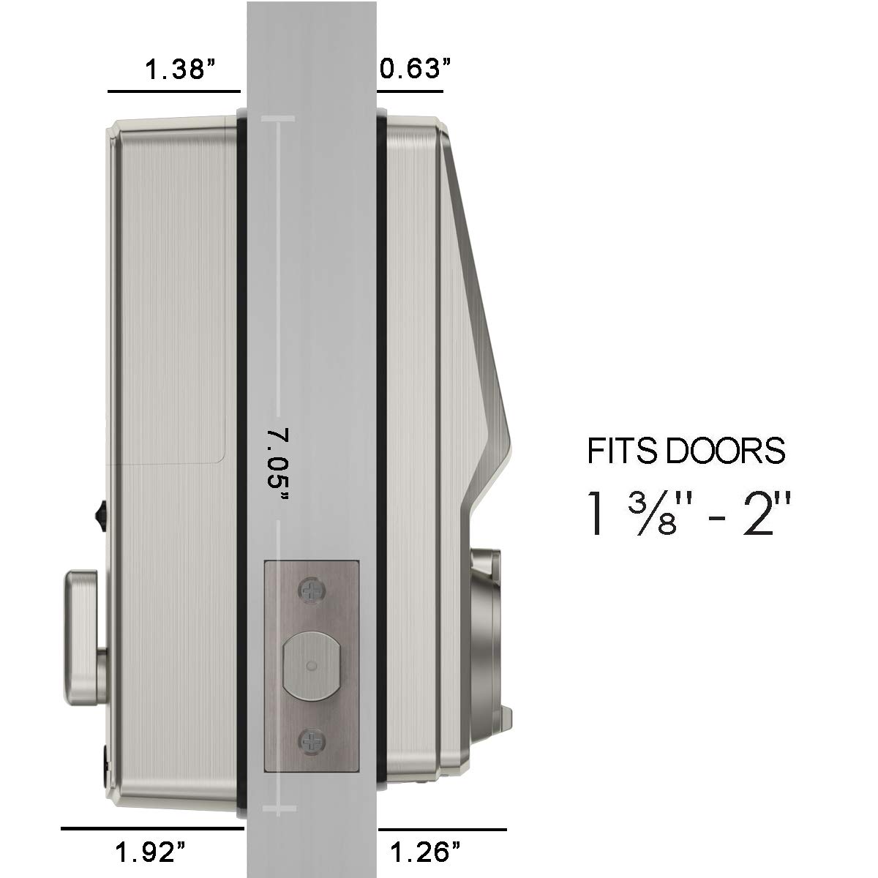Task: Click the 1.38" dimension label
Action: tap(180, 71)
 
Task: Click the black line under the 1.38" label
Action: tap(174, 91)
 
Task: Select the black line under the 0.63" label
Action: tap(410, 91)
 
